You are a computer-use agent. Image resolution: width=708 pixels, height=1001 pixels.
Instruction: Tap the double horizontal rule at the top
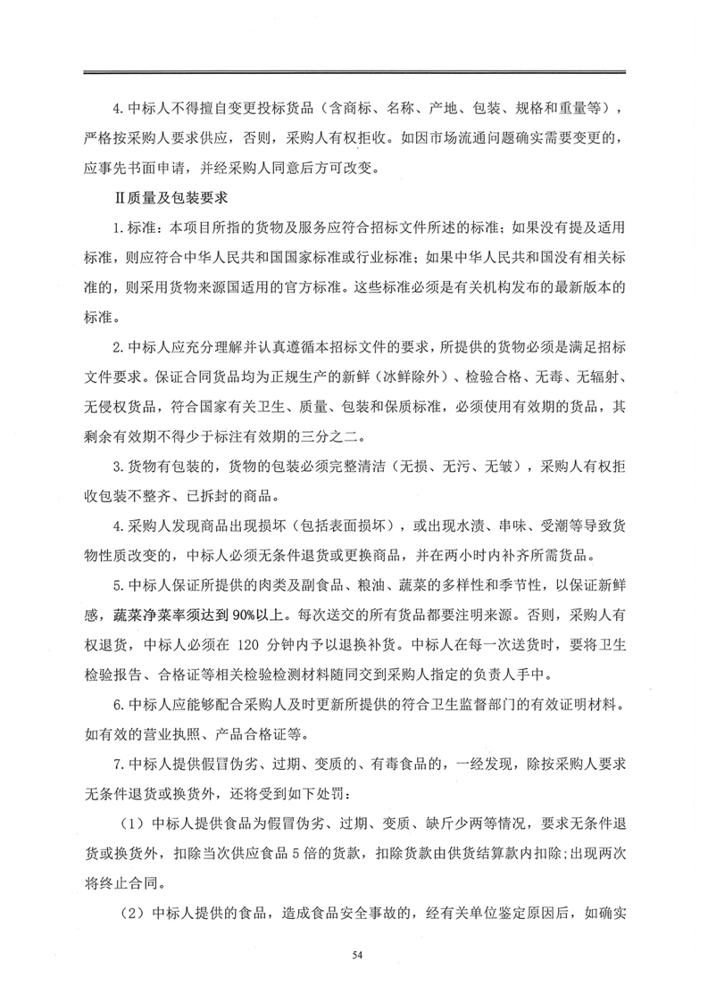(x=354, y=72)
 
